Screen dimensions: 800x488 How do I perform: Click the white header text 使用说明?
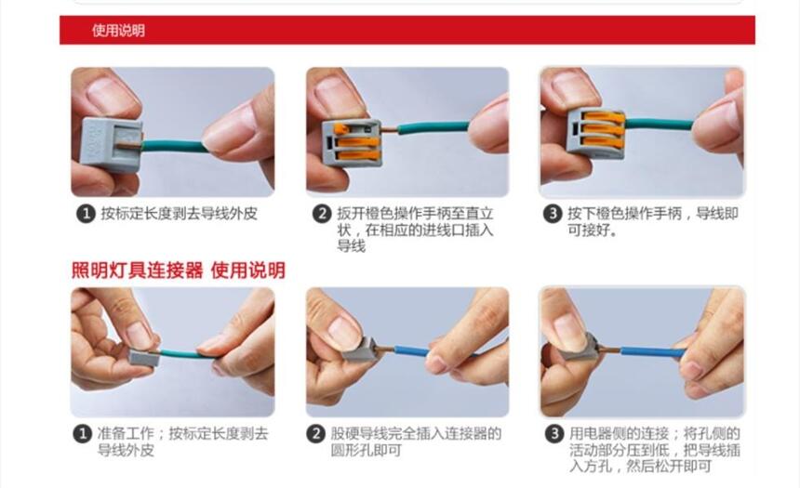(118, 30)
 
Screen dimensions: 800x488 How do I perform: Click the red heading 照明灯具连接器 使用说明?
(178, 270)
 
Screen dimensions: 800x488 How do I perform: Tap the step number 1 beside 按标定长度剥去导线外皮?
(87, 213)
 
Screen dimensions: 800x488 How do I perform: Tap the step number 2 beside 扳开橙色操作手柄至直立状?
(322, 213)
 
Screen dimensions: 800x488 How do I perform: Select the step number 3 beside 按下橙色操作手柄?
(553, 213)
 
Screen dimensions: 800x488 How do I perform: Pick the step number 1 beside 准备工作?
(83, 434)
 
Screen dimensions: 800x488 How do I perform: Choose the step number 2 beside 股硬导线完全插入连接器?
(316, 434)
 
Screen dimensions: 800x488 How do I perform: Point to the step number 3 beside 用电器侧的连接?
(554, 434)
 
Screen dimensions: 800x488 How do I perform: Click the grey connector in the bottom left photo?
(144, 357)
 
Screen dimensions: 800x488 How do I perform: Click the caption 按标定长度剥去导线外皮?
(180, 213)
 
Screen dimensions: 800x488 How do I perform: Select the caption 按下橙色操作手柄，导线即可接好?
(653, 221)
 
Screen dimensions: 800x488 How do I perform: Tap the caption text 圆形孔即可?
(366, 450)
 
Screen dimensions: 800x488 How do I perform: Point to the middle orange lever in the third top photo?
(602, 129)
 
